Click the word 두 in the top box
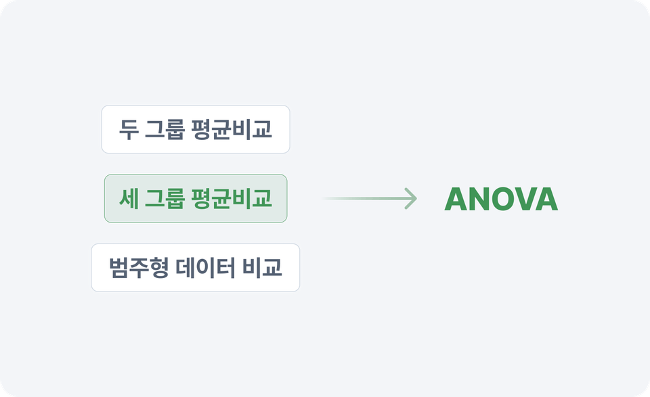click(129, 129)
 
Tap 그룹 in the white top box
click(165, 129)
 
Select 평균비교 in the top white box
click(232, 129)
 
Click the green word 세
click(129, 198)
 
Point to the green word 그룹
click(165, 198)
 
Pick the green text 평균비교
click(232, 198)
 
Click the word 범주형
click(139, 267)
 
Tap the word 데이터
click(206, 267)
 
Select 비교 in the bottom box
click(262, 267)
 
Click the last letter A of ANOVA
click(547, 199)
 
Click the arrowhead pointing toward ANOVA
click(411, 199)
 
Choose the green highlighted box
click(196, 199)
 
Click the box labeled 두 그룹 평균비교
click(196, 129)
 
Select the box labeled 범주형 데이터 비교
click(196, 267)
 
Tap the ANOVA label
click(501, 199)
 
